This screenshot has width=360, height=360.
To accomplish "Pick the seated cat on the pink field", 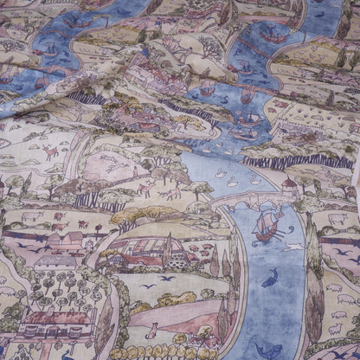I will (152, 330).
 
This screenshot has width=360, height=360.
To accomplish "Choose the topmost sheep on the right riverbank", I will (336, 220).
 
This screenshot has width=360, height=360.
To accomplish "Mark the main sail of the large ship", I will (266, 220).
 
